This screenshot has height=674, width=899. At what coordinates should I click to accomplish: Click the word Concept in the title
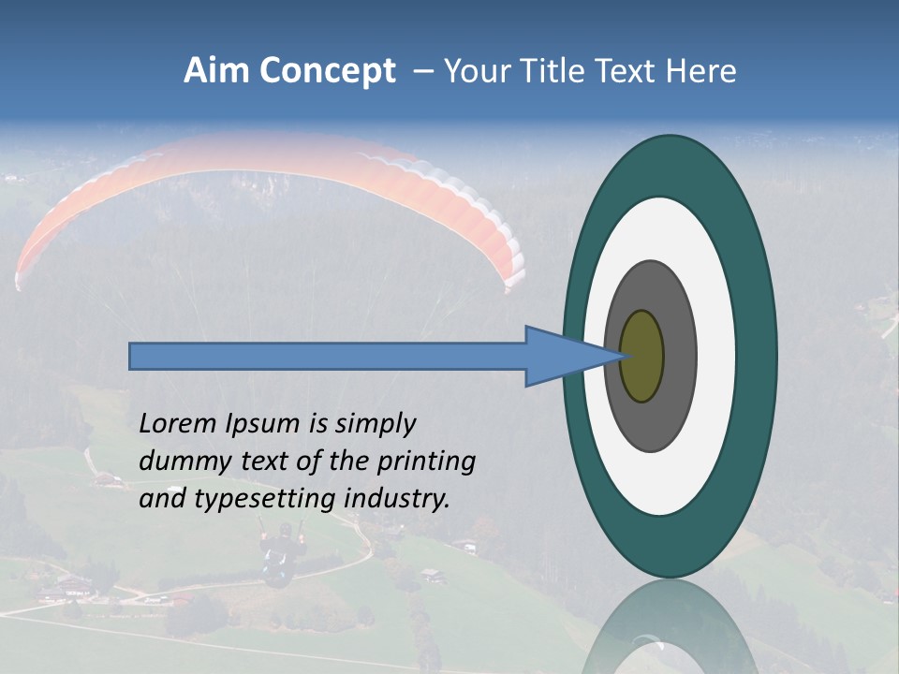pos(328,71)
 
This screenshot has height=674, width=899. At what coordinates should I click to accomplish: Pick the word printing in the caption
pos(426,462)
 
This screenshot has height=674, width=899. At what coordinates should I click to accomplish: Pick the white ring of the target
pos(715,357)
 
